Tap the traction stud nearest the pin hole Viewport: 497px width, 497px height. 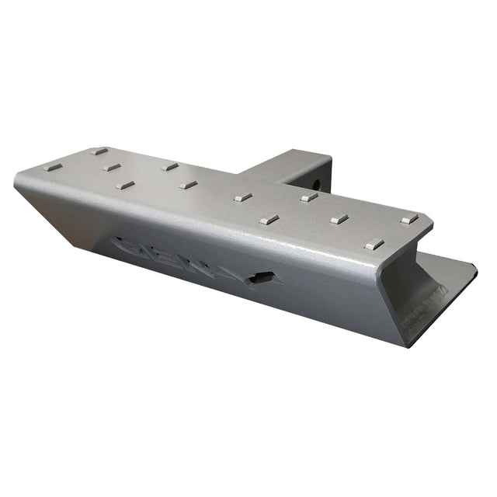pyautogui.click(x=309, y=197)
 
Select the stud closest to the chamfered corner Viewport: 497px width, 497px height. pyautogui.click(x=409, y=220)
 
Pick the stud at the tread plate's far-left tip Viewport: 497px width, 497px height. pyautogui.click(x=52, y=167)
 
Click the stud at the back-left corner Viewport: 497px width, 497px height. pyautogui.click(x=99, y=151)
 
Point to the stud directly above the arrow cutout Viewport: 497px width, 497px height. pyautogui.click(x=269, y=220)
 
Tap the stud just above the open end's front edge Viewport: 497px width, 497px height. pyautogui.click(x=374, y=245)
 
